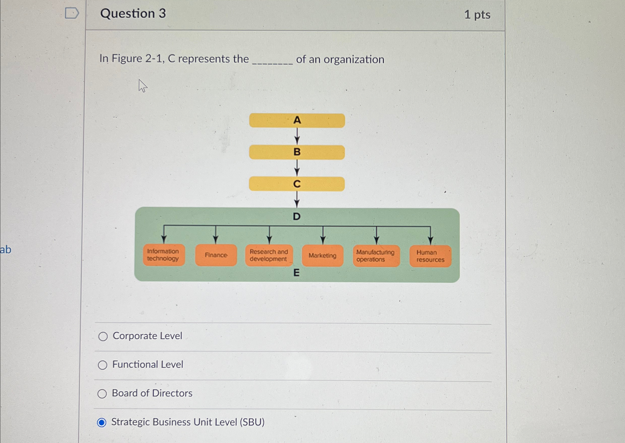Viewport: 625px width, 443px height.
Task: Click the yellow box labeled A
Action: [297, 120]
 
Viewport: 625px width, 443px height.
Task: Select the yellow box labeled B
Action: [297, 152]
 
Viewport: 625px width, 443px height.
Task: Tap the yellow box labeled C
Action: [297, 184]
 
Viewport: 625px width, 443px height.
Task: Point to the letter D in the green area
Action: [296, 217]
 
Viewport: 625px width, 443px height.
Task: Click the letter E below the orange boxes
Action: [296, 272]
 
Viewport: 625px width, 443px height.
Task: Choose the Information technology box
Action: [164, 255]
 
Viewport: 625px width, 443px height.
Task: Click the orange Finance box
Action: [216, 255]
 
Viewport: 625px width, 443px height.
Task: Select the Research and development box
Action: [269, 255]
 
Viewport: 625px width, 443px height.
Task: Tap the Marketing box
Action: [322, 256]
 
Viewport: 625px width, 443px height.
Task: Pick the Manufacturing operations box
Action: [376, 256]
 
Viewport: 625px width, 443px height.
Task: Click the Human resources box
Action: [430, 256]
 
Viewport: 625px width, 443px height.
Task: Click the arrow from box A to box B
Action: [297, 136]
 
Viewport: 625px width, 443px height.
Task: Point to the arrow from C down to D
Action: [297, 199]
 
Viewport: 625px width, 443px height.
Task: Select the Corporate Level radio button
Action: [103, 336]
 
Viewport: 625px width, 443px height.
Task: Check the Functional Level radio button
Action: [102, 365]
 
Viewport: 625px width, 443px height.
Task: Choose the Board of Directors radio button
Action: [102, 394]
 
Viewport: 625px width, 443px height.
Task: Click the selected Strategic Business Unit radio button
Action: [102, 423]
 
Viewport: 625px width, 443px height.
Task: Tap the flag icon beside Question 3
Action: [72, 13]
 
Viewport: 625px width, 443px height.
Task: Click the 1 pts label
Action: [477, 15]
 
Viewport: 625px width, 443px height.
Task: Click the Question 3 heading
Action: [133, 13]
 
